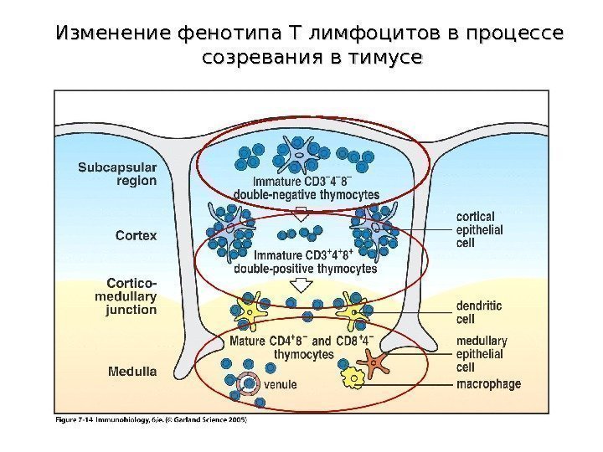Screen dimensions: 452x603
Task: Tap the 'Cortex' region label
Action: coord(136,236)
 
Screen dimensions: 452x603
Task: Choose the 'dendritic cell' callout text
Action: coord(479,312)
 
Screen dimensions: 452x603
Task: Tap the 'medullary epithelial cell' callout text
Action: coord(482,353)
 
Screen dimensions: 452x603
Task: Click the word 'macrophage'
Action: coord(488,384)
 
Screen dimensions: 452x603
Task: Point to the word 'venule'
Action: coord(281,386)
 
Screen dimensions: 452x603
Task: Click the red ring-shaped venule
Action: coord(248,384)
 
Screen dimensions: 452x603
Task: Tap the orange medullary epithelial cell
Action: coord(375,362)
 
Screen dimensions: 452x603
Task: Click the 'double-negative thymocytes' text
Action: coord(306,194)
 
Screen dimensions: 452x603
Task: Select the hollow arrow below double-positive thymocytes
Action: coord(298,285)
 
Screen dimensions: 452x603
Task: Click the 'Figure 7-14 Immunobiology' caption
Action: coord(151,420)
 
